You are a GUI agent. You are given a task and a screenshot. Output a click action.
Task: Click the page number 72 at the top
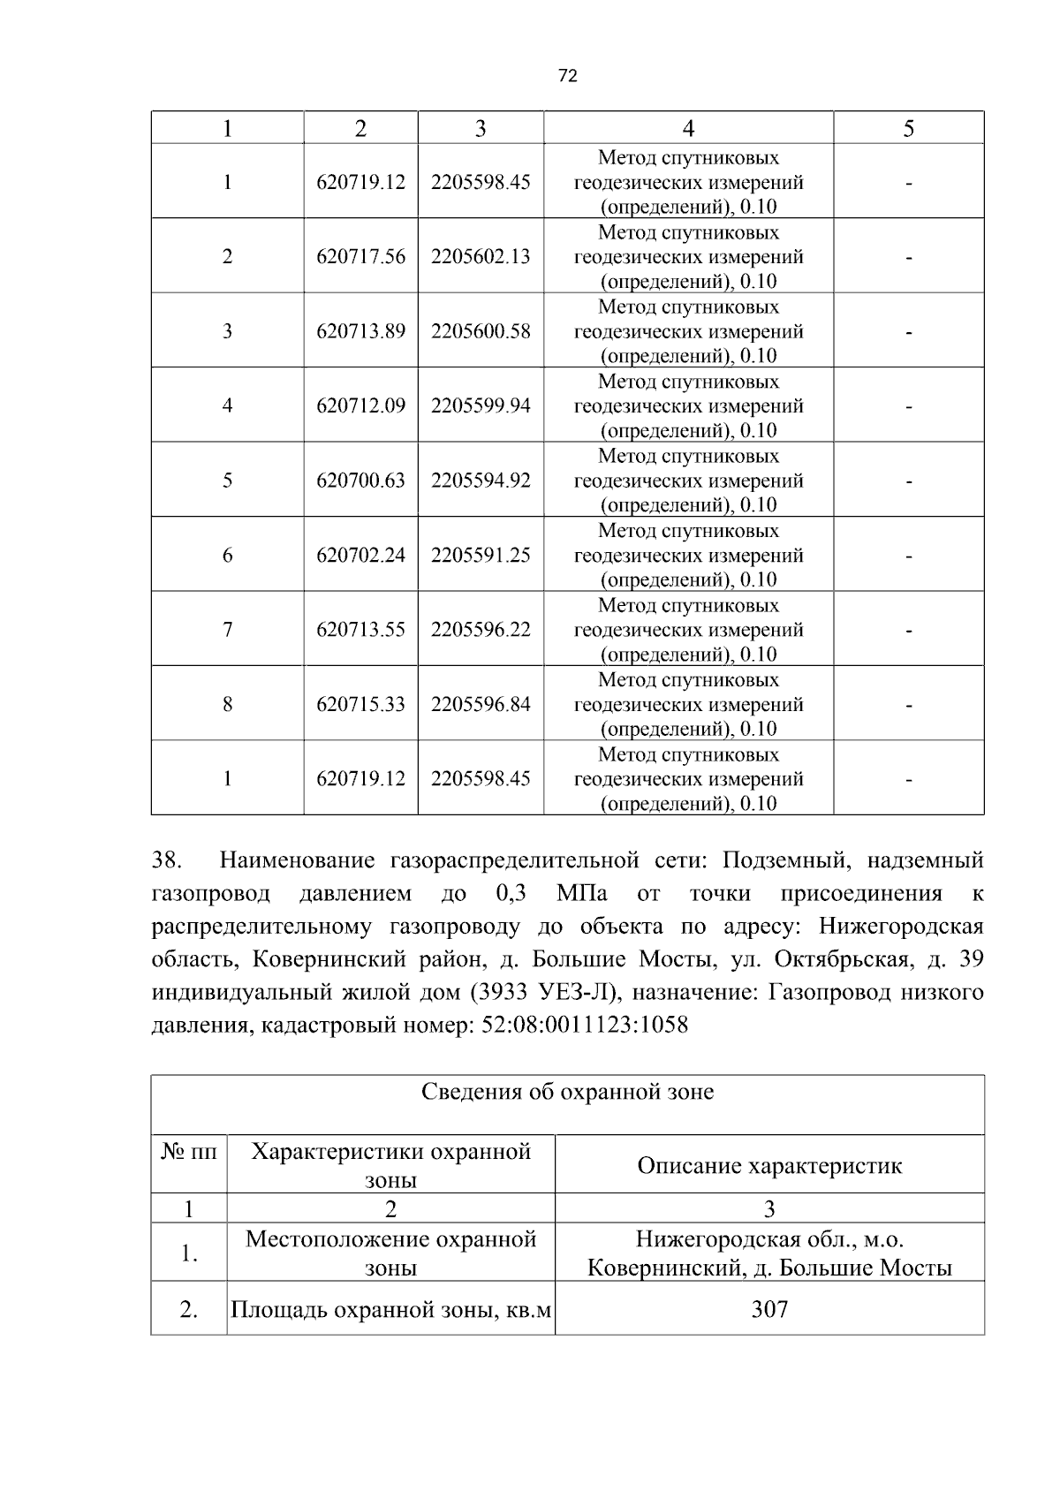(x=568, y=77)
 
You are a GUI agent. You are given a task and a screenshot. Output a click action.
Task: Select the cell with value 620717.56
(x=360, y=256)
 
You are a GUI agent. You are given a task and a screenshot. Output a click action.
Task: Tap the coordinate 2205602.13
(x=481, y=256)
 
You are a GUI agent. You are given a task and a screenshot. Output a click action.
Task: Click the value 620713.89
(x=360, y=331)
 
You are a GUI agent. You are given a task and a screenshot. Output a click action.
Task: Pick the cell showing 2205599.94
(x=481, y=405)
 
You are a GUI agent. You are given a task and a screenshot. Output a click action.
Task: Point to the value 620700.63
(x=360, y=481)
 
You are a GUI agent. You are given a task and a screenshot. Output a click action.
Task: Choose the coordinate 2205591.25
(x=481, y=555)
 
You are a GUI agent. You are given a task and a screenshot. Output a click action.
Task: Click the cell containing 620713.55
(x=360, y=630)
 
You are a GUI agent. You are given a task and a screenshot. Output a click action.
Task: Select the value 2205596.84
(x=481, y=704)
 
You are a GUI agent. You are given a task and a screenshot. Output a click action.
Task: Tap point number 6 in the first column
(x=227, y=555)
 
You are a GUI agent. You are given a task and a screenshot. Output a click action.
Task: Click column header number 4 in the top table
(x=688, y=129)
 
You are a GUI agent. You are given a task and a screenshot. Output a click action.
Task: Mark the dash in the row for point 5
(x=908, y=481)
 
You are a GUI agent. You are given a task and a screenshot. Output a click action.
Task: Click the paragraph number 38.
(x=167, y=860)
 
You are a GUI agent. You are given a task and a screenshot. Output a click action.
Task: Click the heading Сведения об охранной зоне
(x=567, y=1092)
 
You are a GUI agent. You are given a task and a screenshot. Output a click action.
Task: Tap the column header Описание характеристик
(x=769, y=1165)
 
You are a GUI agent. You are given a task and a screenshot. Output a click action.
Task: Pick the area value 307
(x=769, y=1309)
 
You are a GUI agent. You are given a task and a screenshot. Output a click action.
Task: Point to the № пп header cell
(x=189, y=1152)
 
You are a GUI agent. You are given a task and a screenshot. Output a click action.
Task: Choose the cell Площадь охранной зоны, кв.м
(x=390, y=1309)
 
